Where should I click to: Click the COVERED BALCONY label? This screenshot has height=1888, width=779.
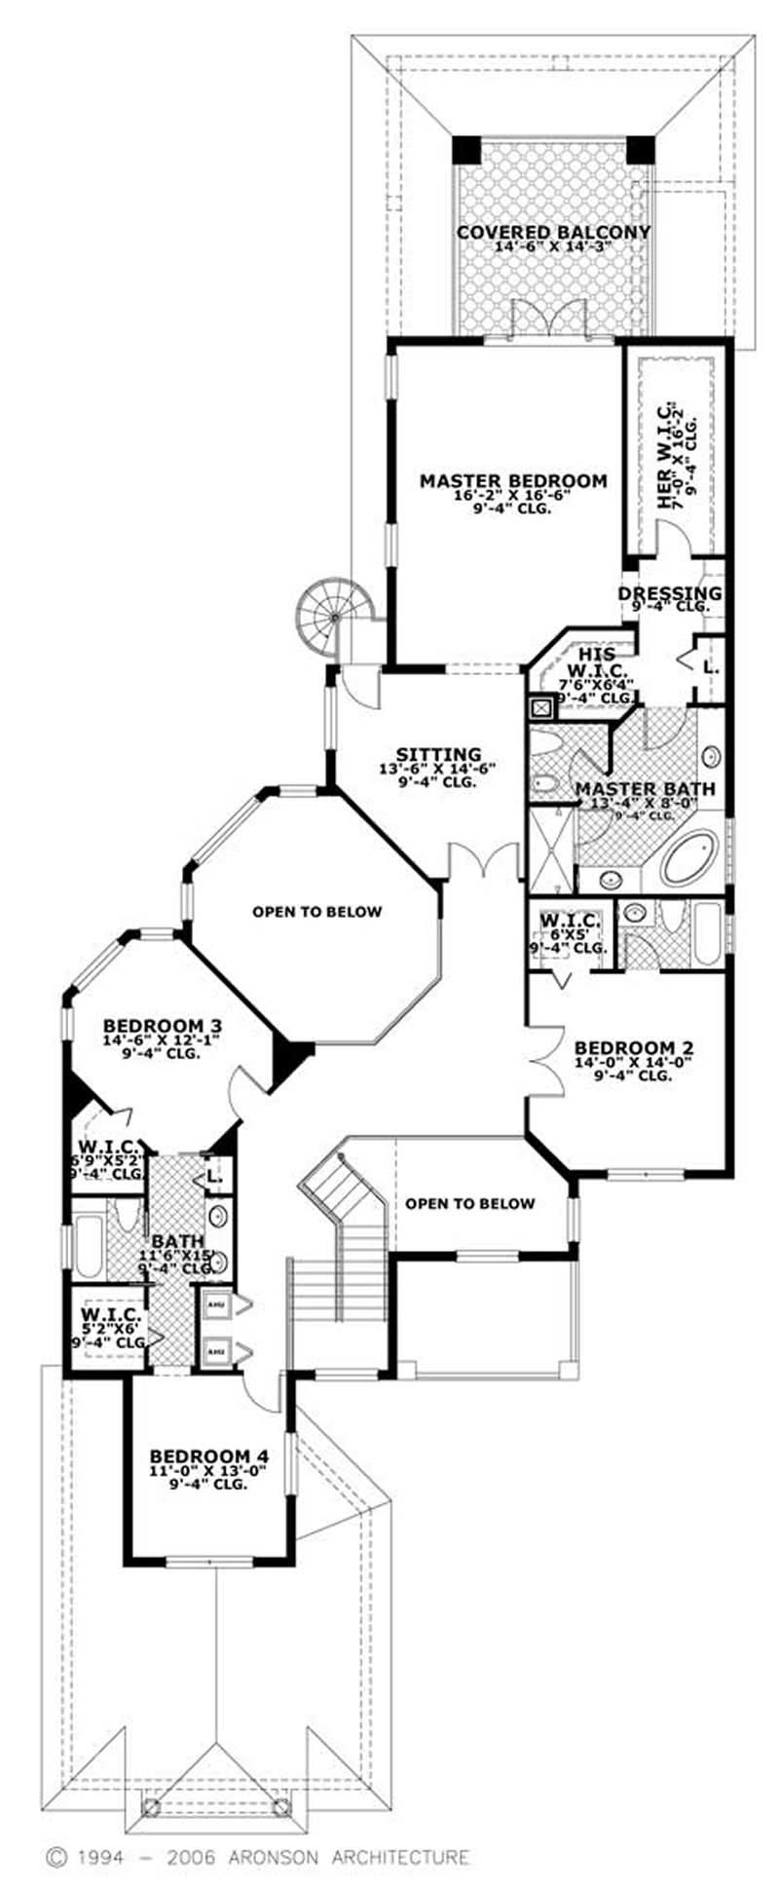click(553, 232)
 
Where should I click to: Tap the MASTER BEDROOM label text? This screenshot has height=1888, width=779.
click(513, 480)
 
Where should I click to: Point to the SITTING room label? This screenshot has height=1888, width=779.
click(438, 754)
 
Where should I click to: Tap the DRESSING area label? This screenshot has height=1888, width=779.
click(670, 593)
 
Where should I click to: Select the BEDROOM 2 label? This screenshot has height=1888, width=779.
click(634, 1048)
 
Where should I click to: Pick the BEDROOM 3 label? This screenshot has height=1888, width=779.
click(163, 1026)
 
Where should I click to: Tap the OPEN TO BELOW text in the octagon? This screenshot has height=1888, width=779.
click(316, 912)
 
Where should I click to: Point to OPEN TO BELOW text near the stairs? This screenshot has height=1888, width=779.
click(469, 1203)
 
